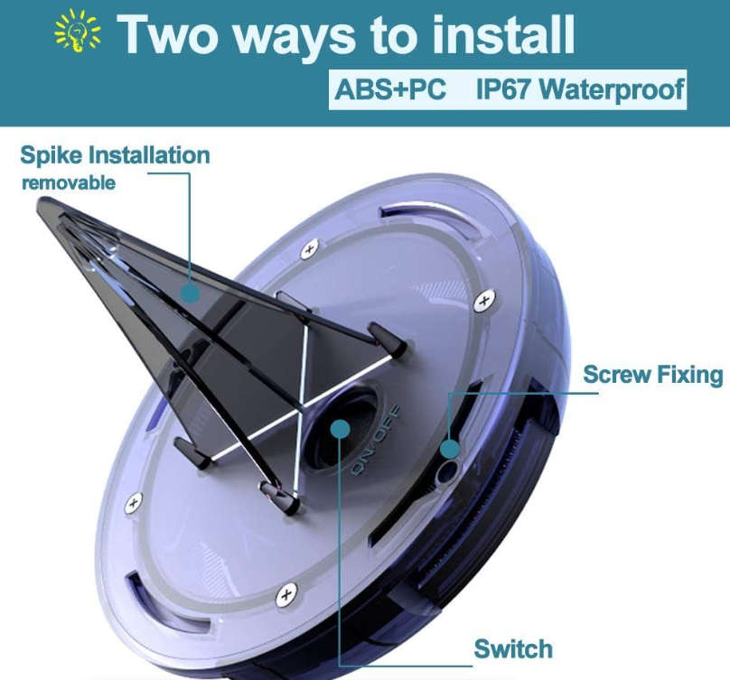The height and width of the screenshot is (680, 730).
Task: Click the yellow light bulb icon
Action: point(78,32)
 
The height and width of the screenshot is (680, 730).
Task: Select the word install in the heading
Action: point(503,35)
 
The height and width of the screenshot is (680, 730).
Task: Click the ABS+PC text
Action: point(390,89)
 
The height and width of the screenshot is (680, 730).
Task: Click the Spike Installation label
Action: point(115,155)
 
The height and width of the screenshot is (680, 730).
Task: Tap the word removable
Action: point(69,183)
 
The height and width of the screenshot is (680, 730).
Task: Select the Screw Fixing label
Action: point(653,375)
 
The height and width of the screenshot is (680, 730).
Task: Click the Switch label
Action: point(513,648)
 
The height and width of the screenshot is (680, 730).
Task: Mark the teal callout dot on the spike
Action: point(190,293)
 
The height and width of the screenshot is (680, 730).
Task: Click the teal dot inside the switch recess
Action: point(341,429)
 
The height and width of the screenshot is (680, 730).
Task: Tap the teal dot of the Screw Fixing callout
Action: point(450,449)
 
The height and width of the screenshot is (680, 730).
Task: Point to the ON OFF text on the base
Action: point(376,441)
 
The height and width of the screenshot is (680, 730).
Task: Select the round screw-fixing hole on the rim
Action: point(447,472)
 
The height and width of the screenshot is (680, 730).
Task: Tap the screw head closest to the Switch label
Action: point(286,595)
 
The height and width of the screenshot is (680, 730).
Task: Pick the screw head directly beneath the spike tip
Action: point(134,503)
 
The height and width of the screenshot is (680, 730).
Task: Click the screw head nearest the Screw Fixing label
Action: point(484,301)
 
